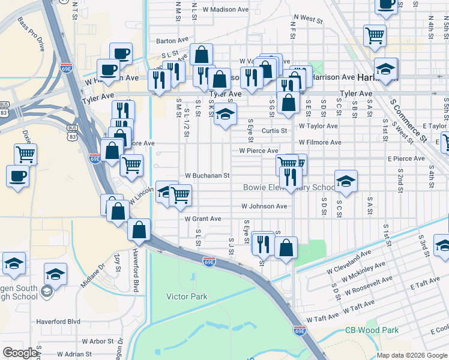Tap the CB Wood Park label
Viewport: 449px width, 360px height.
point(372,331)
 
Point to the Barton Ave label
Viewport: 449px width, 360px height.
point(173,41)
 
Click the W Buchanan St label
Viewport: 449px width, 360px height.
point(208,176)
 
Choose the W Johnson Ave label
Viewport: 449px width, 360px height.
point(264,206)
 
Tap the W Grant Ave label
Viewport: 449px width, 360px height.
point(203,219)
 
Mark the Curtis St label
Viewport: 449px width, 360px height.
point(276,130)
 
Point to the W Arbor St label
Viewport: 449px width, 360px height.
point(98,341)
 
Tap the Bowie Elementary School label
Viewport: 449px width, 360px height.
point(289,188)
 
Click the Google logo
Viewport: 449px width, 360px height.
point(20,353)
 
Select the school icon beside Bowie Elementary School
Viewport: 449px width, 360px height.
point(346,181)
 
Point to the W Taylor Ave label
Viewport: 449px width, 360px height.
point(318,126)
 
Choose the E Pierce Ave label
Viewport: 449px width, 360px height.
point(406,158)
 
